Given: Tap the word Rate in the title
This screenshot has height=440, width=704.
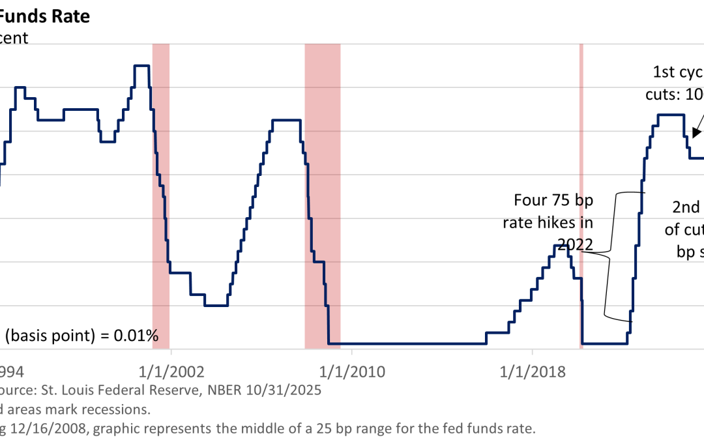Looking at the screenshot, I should coord(72,16).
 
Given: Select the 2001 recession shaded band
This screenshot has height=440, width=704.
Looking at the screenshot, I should coord(160,196).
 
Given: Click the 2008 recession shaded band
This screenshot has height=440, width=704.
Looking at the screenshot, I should coord(322,196).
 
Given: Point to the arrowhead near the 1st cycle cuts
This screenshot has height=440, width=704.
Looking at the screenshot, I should coord(696,134).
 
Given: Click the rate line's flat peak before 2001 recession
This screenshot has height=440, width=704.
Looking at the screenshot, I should coord(142,66).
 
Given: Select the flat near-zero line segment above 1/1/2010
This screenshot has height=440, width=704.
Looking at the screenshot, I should coord(404,344).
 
